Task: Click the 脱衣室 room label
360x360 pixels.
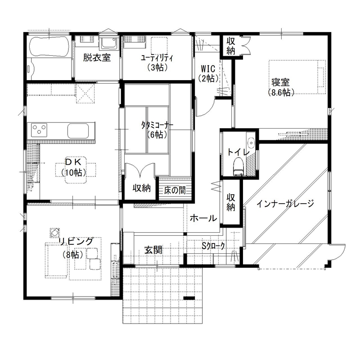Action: click(97, 57)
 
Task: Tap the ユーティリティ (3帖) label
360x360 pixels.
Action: click(156, 62)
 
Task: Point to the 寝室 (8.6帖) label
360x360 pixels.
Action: click(281, 86)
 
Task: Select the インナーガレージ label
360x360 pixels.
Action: click(286, 204)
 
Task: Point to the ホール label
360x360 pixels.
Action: click(203, 218)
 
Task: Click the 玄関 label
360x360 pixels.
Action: click(153, 250)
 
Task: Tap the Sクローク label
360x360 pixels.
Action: click(213, 246)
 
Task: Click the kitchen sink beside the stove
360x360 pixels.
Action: click(78, 129)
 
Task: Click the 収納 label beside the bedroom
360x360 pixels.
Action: click(231, 45)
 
